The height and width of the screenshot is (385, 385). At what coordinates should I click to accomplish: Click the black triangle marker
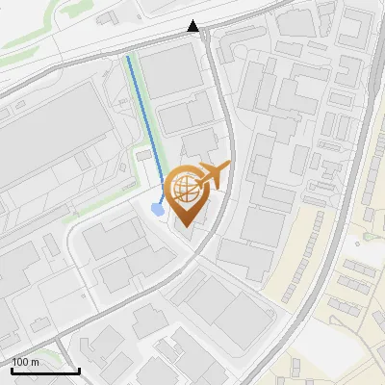point(194,26)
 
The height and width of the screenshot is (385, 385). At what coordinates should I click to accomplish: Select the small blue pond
point(157,208)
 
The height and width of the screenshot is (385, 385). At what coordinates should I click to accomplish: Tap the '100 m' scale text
point(25,362)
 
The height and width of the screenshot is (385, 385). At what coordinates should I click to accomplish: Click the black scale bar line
point(44,371)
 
